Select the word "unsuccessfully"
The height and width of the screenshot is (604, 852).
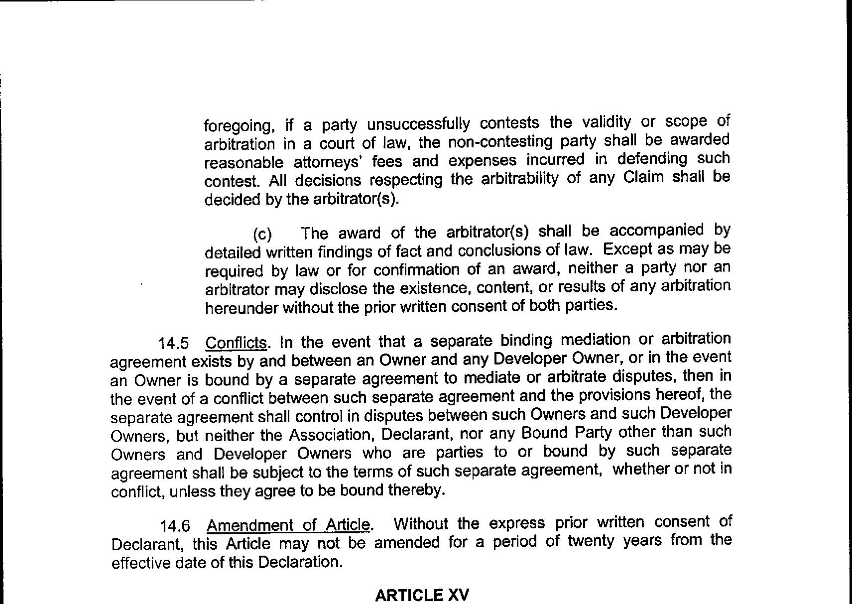point(418,123)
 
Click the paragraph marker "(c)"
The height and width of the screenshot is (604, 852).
point(262,234)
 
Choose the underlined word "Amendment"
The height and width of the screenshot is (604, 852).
point(250,525)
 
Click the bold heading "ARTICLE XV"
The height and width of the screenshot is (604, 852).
point(422,595)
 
